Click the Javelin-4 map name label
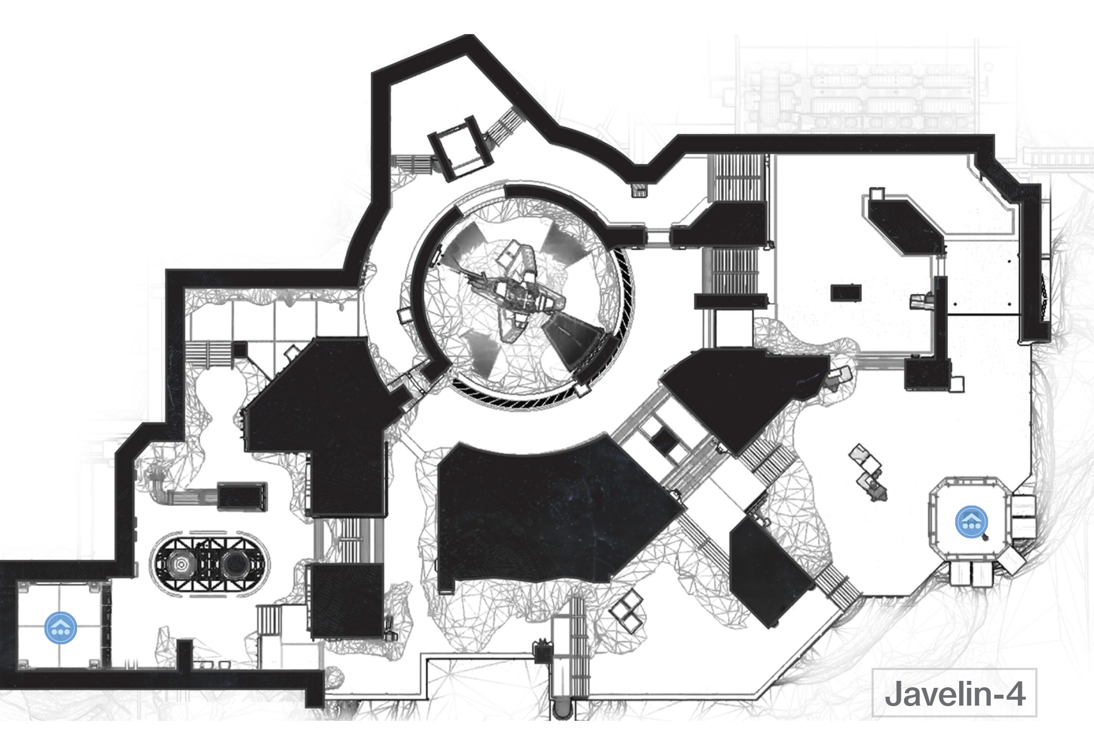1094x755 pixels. pyautogui.click(x=954, y=693)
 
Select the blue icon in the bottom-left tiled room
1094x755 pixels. pyautogui.click(x=60, y=628)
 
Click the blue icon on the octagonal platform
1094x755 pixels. pyautogui.click(x=972, y=522)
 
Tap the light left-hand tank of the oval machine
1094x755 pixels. pyautogui.click(x=181, y=565)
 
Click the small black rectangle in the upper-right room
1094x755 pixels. pyautogui.click(x=846, y=292)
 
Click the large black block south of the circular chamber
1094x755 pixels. pyautogui.click(x=553, y=514)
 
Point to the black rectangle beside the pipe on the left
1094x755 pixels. pyautogui.click(x=243, y=497)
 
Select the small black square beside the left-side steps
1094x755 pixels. pyautogui.click(x=240, y=350)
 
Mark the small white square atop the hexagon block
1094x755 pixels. pyautogui.click(x=877, y=193)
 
